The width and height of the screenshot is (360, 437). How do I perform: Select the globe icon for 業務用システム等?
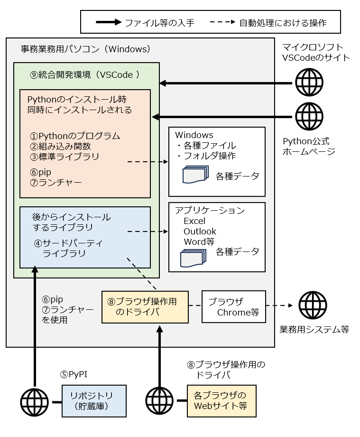pos(313,306)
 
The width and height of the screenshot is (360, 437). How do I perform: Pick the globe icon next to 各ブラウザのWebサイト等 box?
pos(160,401)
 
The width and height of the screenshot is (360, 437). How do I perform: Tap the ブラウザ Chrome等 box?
pos(234,307)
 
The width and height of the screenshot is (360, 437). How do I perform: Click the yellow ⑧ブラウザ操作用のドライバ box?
pos(145,307)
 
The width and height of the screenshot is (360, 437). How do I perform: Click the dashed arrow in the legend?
pos(220,22)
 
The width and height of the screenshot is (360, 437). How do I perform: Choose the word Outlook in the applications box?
pos(200,231)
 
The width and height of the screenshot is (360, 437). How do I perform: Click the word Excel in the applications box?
pos(194,221)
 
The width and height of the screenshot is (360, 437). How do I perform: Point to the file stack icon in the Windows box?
pos(195,175)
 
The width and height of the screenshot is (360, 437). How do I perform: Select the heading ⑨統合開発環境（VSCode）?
pos(85,74)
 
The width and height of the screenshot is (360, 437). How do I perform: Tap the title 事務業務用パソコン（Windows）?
pos(86,49)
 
